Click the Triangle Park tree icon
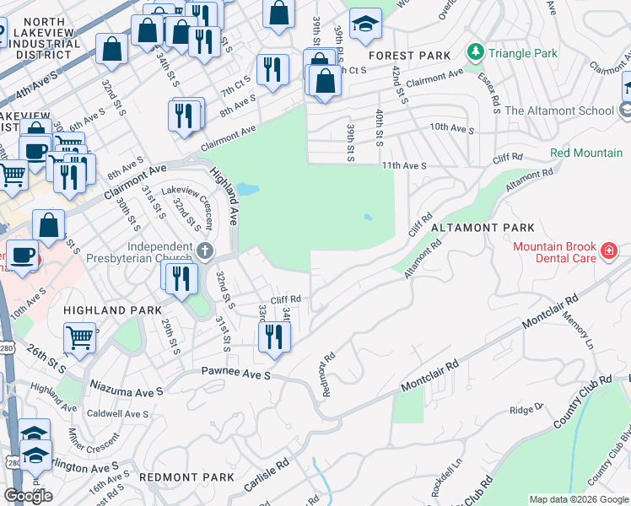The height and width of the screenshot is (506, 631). (476, 52)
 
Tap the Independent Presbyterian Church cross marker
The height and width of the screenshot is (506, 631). (205, 250)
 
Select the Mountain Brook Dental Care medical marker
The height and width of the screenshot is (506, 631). (608, 250)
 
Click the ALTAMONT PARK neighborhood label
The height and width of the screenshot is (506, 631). (483, 228)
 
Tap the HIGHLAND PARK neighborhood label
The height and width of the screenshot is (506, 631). (113, 310)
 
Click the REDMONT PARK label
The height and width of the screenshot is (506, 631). (186, 477)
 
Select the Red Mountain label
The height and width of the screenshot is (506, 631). (585, 153)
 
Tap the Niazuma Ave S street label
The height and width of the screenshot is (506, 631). (127, 392)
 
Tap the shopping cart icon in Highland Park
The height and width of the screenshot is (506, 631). (80, 336)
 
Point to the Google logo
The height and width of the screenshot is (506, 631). (28, 496)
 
